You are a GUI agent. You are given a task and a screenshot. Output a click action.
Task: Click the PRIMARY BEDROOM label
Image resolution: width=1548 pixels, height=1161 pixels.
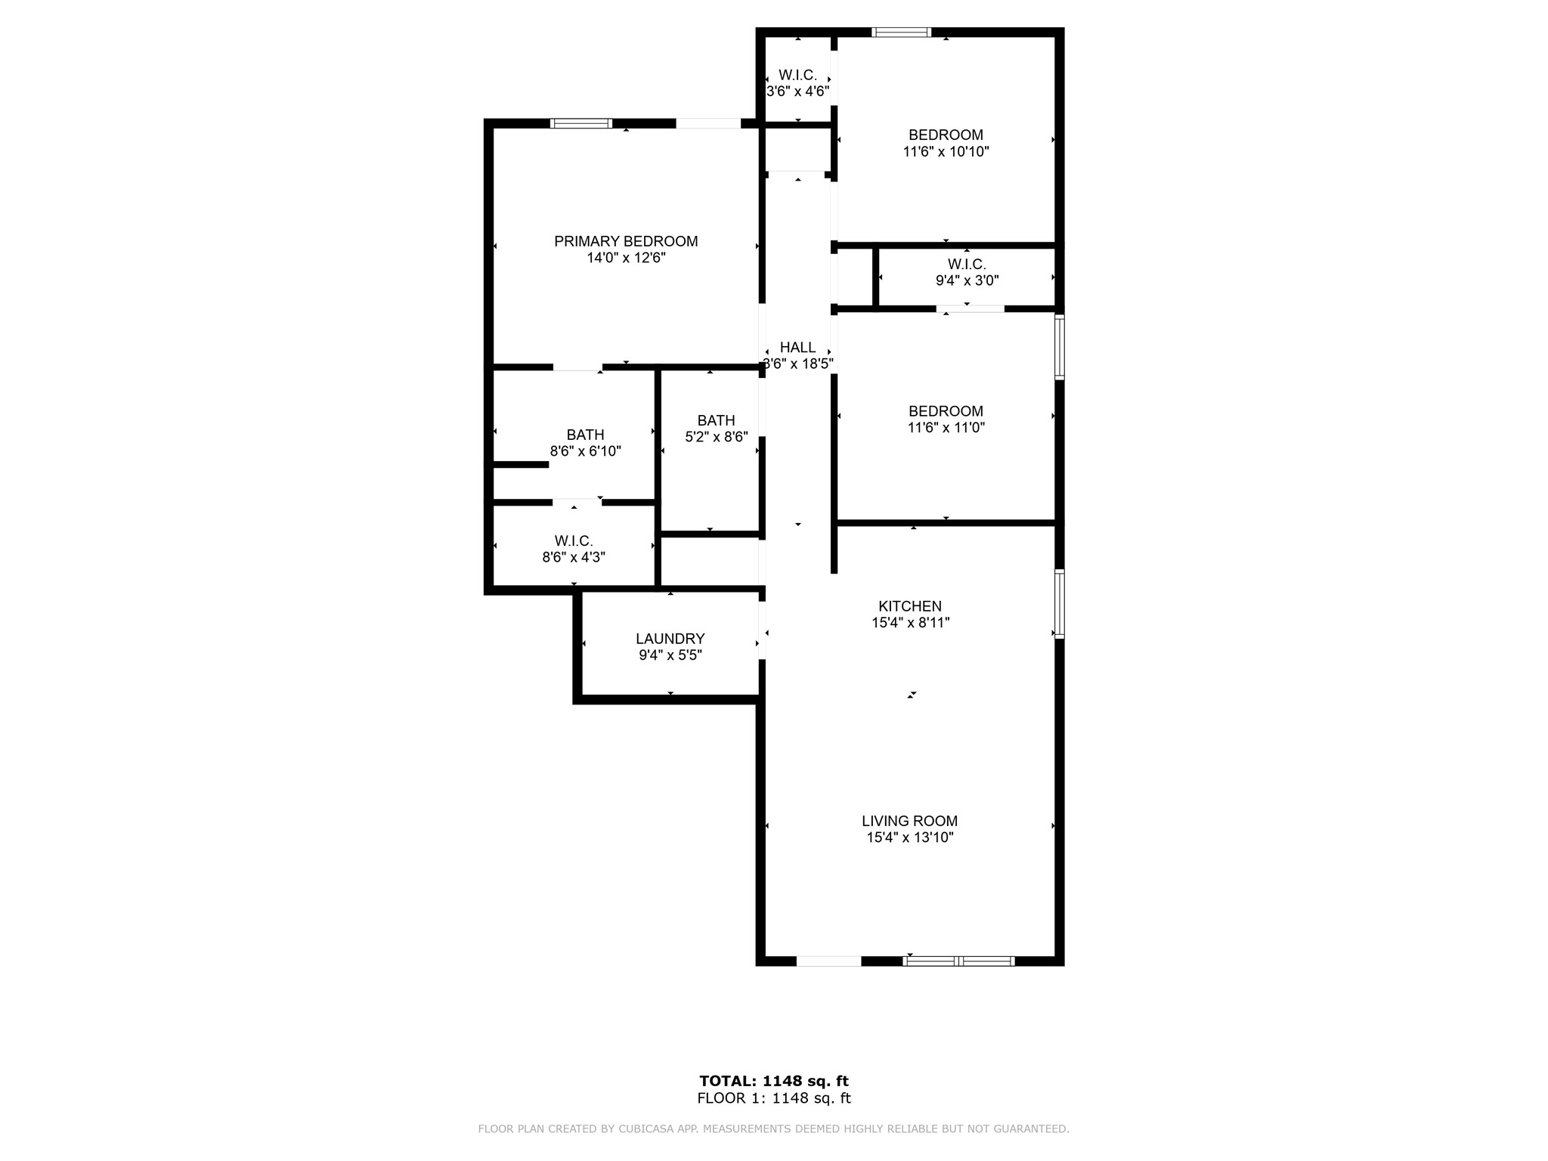tap(626, 241)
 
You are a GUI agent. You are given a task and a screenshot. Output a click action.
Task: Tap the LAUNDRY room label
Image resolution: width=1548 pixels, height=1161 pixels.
tap(670, 639)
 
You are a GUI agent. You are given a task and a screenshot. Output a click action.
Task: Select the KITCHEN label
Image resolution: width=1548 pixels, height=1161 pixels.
tap(910, 606)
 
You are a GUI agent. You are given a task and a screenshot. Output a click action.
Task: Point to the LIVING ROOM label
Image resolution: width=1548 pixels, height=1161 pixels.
tap(910, 821)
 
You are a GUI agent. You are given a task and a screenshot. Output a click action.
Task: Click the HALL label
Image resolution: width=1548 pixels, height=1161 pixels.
tap(797, 347)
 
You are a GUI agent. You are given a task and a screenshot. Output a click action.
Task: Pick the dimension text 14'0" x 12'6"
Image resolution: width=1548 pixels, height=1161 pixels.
tap(626, 258)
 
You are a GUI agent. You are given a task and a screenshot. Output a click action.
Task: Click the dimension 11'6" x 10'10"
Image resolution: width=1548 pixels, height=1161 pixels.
tap(946, 151)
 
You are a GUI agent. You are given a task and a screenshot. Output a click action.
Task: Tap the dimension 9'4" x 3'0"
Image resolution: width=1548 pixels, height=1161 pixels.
tap(967, 280)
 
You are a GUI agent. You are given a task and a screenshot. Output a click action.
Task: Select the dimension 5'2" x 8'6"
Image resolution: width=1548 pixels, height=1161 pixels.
tap(716, 437)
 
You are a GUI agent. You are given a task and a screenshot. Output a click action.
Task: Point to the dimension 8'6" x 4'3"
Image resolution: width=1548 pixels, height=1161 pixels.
tap(574, 558)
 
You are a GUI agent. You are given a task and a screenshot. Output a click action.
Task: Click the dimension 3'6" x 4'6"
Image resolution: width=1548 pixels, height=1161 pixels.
tap(797, 91)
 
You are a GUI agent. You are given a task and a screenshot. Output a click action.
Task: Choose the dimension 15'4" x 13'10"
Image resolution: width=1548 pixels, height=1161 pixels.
tap(910, 837)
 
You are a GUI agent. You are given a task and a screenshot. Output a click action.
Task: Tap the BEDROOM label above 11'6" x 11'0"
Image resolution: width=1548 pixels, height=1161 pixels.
tap(946, 411)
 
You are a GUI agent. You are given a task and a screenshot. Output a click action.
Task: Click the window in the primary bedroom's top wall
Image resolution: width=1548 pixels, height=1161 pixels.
tap(580, 123)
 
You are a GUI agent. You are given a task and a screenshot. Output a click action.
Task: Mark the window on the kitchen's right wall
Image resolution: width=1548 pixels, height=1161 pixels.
tap(1060, 604)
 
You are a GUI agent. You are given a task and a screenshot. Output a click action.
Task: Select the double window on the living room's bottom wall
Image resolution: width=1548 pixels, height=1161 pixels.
tap(958, 961)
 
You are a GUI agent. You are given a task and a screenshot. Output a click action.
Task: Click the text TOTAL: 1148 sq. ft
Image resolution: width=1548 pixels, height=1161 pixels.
tap(774, 1081)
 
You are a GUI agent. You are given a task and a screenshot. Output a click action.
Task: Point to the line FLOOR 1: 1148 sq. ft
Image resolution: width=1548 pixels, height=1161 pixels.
tap(774, 1098)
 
